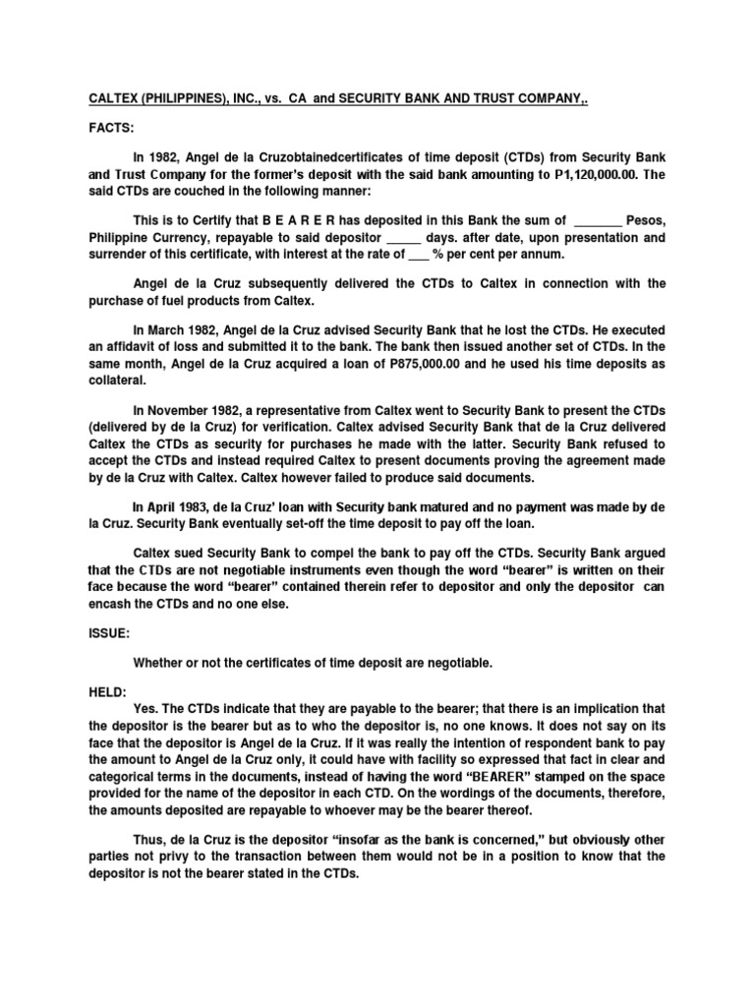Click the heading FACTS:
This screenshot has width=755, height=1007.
[101, 129]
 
